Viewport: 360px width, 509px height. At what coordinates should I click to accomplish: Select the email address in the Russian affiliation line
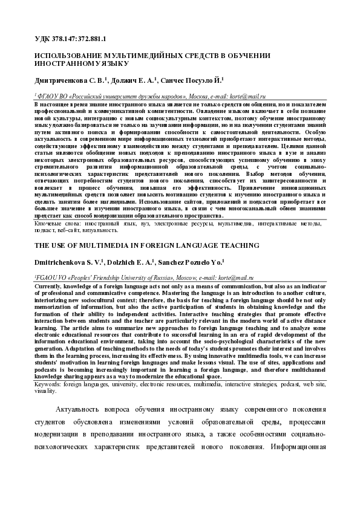pos(243,96)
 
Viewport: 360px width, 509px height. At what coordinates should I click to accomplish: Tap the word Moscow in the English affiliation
pos(180,278)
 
